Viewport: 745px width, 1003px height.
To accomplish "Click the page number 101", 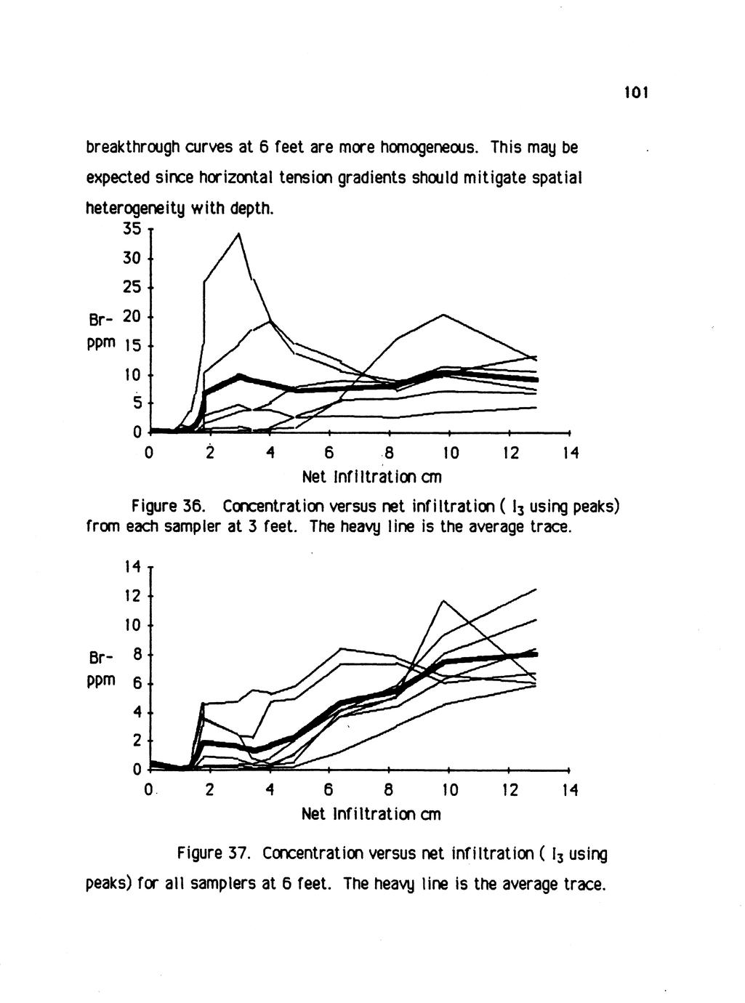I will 635,93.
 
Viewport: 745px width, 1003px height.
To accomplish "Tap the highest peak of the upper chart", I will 239,233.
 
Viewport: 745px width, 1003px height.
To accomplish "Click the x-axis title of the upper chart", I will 371,478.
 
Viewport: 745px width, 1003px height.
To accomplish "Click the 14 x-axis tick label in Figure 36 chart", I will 571,454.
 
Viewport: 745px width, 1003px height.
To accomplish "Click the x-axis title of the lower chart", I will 371,813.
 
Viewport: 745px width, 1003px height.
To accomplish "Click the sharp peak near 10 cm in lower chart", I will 443,600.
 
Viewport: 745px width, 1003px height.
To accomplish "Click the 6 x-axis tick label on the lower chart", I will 329,789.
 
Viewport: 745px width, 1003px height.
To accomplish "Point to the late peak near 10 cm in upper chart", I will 443,314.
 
